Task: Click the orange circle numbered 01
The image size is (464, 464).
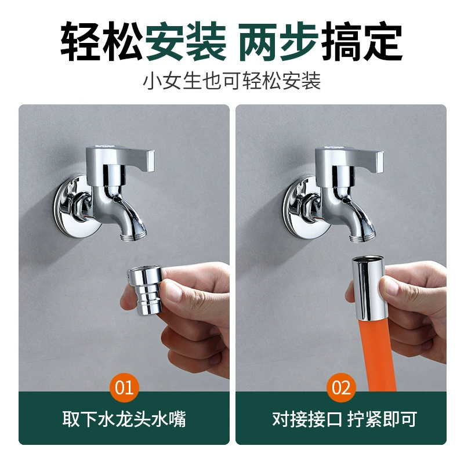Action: [124, 387]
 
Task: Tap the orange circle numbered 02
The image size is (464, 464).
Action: [341, 387]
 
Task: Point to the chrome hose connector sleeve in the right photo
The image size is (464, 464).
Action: [368, 288]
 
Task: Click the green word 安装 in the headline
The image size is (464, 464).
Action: [186, 41]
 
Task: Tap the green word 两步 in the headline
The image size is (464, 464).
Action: [279, 41]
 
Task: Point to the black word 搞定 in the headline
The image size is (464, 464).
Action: [361, 41]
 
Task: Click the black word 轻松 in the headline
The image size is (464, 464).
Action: [102, 41]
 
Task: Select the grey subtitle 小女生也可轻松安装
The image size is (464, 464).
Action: [232, 81]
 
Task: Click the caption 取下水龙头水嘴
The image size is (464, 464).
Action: [124, 419]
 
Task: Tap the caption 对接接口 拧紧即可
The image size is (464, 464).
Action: [345, 419]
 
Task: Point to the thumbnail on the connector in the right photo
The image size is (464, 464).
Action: [390, 285]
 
